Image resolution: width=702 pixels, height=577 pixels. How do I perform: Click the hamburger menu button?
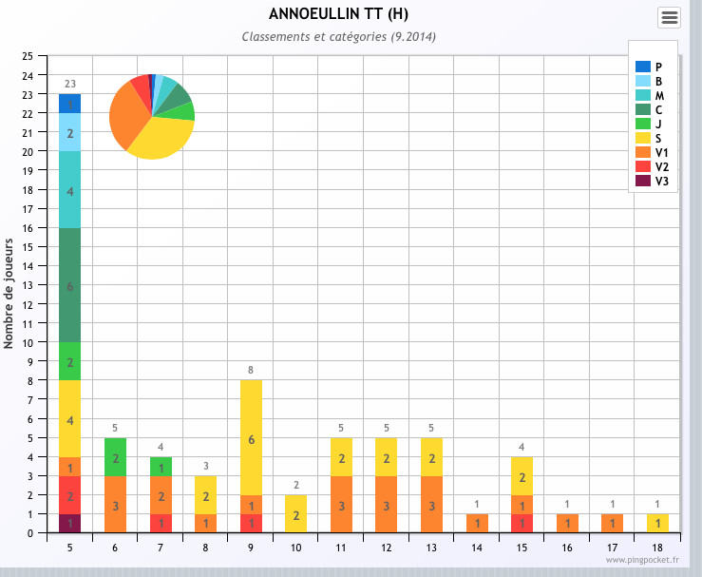point(669,17)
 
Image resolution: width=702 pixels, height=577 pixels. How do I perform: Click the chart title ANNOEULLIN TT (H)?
point(338,14)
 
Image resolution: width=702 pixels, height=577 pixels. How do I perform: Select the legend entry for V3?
point(652,181)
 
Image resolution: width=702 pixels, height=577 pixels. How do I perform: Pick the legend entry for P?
point(648,67)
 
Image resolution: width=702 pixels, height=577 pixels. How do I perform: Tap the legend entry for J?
point(648,124)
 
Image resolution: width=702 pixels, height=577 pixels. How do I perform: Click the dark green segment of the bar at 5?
point(70,285)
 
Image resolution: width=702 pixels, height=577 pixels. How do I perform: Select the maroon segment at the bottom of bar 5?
point(70,523)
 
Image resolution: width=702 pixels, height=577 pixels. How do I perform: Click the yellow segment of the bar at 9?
point(251,437)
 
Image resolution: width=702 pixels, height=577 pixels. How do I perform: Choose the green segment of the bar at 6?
point(115,457)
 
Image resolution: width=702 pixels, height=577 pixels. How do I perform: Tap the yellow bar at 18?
point(657,523)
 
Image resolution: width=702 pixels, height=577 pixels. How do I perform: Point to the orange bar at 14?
point(477,523)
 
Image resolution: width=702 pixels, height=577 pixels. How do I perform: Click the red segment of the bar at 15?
point(522,523)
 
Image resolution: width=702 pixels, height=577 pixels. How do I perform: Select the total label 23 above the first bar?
point(70,84)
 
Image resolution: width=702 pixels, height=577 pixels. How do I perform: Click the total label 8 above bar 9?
point(251,370)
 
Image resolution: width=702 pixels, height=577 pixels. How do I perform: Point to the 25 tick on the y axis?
point(28,56)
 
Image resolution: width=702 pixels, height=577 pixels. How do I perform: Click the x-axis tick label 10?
point(296,548)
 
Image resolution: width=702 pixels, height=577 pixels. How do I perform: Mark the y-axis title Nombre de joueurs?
point(8,294)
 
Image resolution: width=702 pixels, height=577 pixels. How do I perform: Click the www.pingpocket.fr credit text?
point(642,560)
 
